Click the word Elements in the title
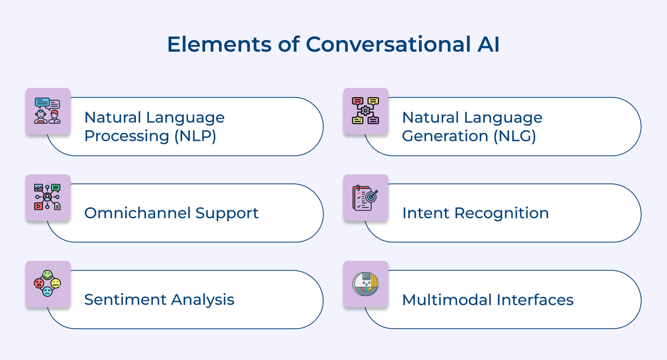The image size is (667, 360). [219, 44]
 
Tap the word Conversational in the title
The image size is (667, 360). [388, 44]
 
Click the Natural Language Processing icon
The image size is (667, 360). [48, 111]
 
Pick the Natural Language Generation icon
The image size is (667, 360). [365, 111]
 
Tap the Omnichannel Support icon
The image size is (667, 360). [48, 197]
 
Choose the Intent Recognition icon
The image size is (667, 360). [365, 198]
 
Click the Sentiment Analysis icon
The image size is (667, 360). [48, 283]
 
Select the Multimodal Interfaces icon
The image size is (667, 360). [365, 284]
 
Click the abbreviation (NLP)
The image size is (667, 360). [195, 136]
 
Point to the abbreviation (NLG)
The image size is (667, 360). [515, 136]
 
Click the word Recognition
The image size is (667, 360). [502, 214]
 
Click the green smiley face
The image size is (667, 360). [48, 275]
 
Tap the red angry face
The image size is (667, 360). [39, 283]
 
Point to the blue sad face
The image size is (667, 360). [48, 292]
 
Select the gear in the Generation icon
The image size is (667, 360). [365, 111]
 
